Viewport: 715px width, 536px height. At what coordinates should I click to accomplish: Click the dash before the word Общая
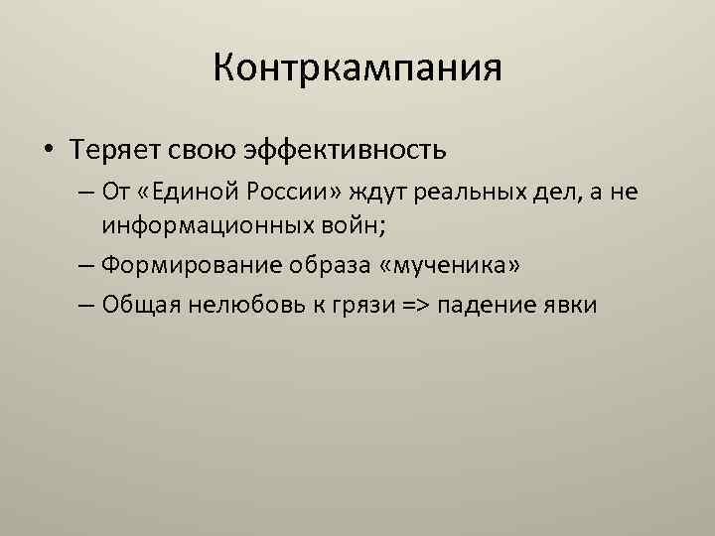click(83, 304)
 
